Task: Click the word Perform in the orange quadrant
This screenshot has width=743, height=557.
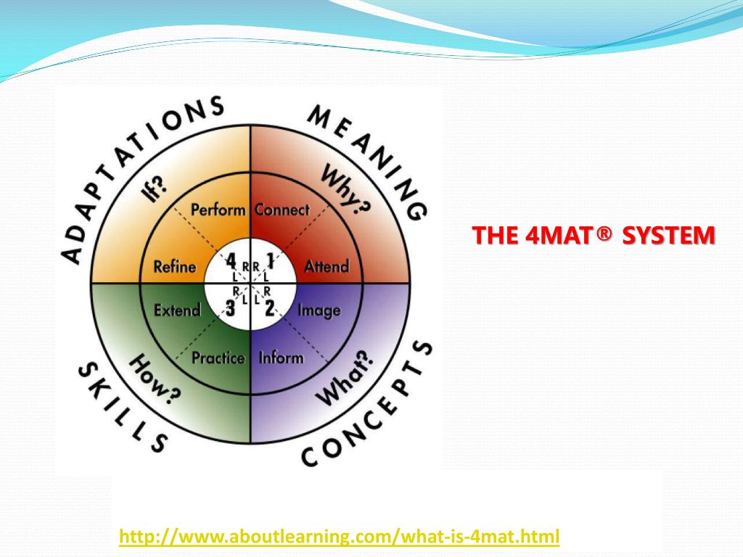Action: pyautogui.click(x=218, y=210)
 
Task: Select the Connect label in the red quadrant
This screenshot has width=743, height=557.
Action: pyautogui.click(x=282, y=210)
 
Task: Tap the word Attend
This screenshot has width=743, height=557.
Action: pyautogui.click(x=326, y=266)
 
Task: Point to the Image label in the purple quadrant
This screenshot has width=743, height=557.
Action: pyautogui.click(x=319, y=311)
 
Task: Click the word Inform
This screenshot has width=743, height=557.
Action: pyautogui.click(x=281, y=358)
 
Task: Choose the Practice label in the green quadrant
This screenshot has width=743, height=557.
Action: pyautogui.click(x=218, y=358)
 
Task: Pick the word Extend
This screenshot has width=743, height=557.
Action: pyautogui.click(x=177, y=311)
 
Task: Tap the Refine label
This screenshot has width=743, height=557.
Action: pyautogui.click(x=175, y=266)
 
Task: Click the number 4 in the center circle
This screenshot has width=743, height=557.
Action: pyautogui.click(x=231, y=261)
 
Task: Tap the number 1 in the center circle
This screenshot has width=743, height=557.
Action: pyautogui.click(x=270, y=261)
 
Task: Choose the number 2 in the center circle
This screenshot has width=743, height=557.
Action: pyautogui.click(x=269, y=308)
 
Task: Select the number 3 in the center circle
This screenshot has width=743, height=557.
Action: pyautogui.click(x=231, y=308)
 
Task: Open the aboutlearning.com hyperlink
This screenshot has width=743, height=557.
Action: pyautogui.click(x=340, y=537)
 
